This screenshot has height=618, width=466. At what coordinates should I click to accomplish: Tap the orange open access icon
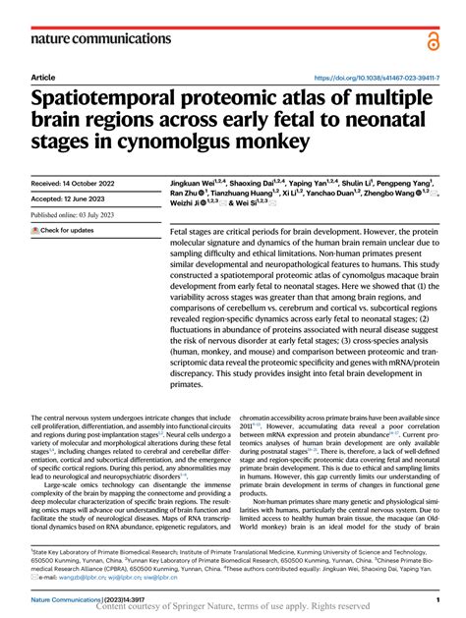pos(434,38)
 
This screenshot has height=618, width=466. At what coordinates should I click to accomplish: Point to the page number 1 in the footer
pos(437,598)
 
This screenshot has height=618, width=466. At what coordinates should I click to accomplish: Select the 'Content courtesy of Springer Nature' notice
pos(232,607)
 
